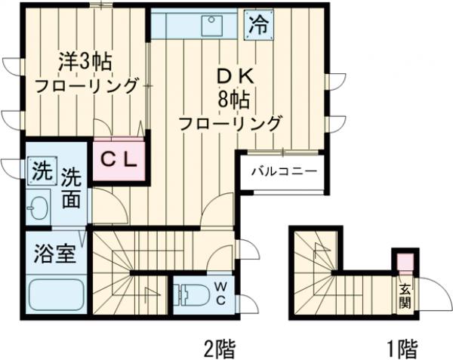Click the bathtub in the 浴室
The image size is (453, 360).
click(x=56, y=295)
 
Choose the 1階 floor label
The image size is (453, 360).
click(x=402, y=348)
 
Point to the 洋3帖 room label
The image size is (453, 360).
click(x=75, y=60)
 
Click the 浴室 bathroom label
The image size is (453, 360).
click(x=54, y=254)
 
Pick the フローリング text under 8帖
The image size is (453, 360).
click(x=230, y=122)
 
